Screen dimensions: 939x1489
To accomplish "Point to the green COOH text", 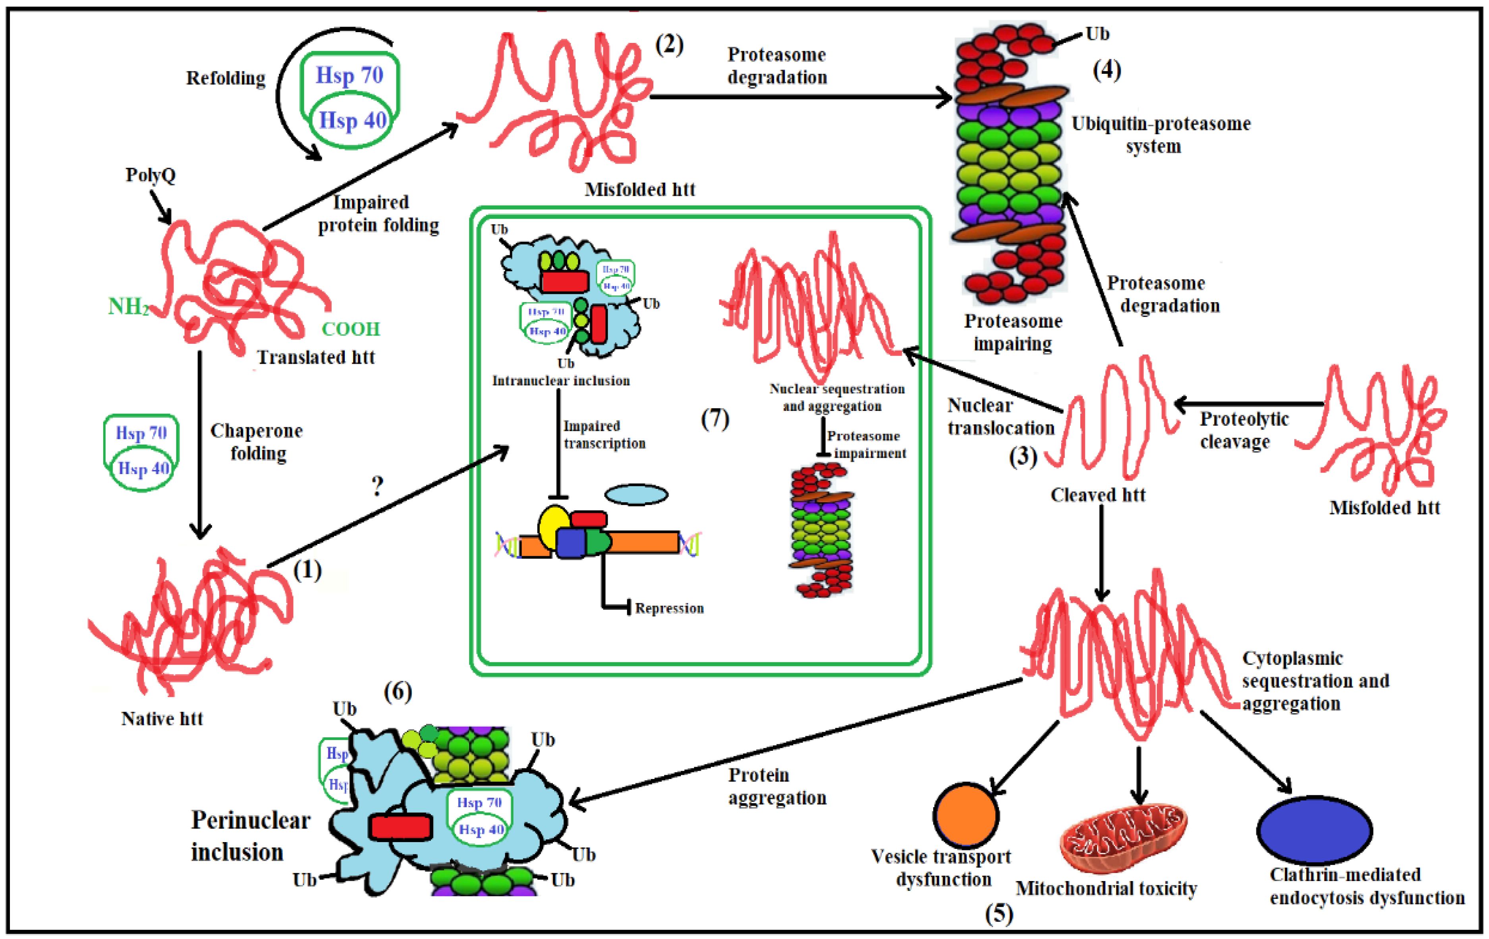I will coord(351,329).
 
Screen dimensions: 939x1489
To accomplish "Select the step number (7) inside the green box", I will coord(715,419).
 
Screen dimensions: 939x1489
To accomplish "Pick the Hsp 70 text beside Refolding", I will coord(350,75).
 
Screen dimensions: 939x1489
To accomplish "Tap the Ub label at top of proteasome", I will coord(1097,34).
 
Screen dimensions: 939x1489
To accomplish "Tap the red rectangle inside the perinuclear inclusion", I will coord(400,827).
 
